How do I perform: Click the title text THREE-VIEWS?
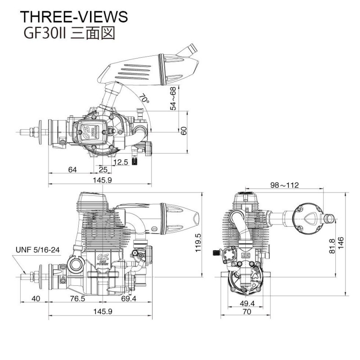pos(74,17)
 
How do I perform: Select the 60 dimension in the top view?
pos(183,131)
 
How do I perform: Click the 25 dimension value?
pos(103,170)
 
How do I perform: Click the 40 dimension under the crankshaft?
pos(36,299)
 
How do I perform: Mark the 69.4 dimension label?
pos(130,299)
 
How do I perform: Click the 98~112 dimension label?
pos(284,185)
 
